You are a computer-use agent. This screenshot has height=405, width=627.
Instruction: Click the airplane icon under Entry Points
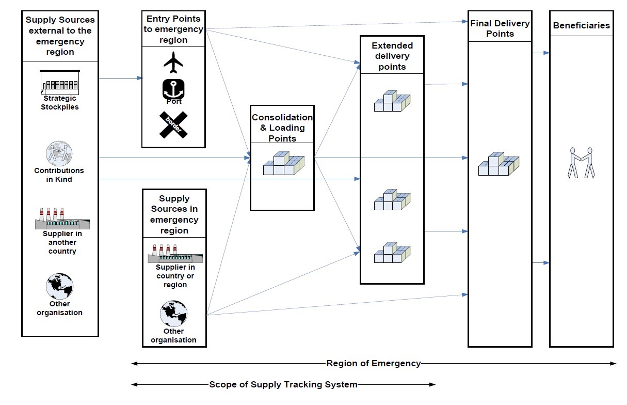click(x=173, y=63)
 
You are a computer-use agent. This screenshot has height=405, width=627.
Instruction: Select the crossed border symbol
click(x=173, y=125)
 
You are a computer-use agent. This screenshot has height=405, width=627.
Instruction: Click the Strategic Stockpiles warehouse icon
click(x=60, y=82)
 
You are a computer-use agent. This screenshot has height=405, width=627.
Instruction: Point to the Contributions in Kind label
click(x=59, y=175)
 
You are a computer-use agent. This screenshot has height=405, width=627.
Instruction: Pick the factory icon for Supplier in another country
click(x=61, y=219)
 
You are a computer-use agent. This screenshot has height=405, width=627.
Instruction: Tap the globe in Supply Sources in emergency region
click(x=173, y=314)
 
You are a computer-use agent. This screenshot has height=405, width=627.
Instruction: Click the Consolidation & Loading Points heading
click(x=282, y=128)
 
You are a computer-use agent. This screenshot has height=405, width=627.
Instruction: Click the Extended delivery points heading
click(x=392, y=56)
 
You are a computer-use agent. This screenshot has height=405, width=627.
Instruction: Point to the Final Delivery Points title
click(x=500, y=28)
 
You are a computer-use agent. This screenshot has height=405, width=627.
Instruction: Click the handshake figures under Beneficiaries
click(x=581, y=163)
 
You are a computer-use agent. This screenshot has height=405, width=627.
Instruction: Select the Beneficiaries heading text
click(x=581, y=25)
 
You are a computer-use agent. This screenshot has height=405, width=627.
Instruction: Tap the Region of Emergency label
click(x=374, y=363)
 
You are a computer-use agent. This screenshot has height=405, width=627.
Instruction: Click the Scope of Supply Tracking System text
click(x=283, y=384)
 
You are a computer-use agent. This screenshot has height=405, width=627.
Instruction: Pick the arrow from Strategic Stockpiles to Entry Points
click(x=120, y=79)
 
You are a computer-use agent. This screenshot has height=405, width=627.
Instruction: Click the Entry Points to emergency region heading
click(x=173, y=29)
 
